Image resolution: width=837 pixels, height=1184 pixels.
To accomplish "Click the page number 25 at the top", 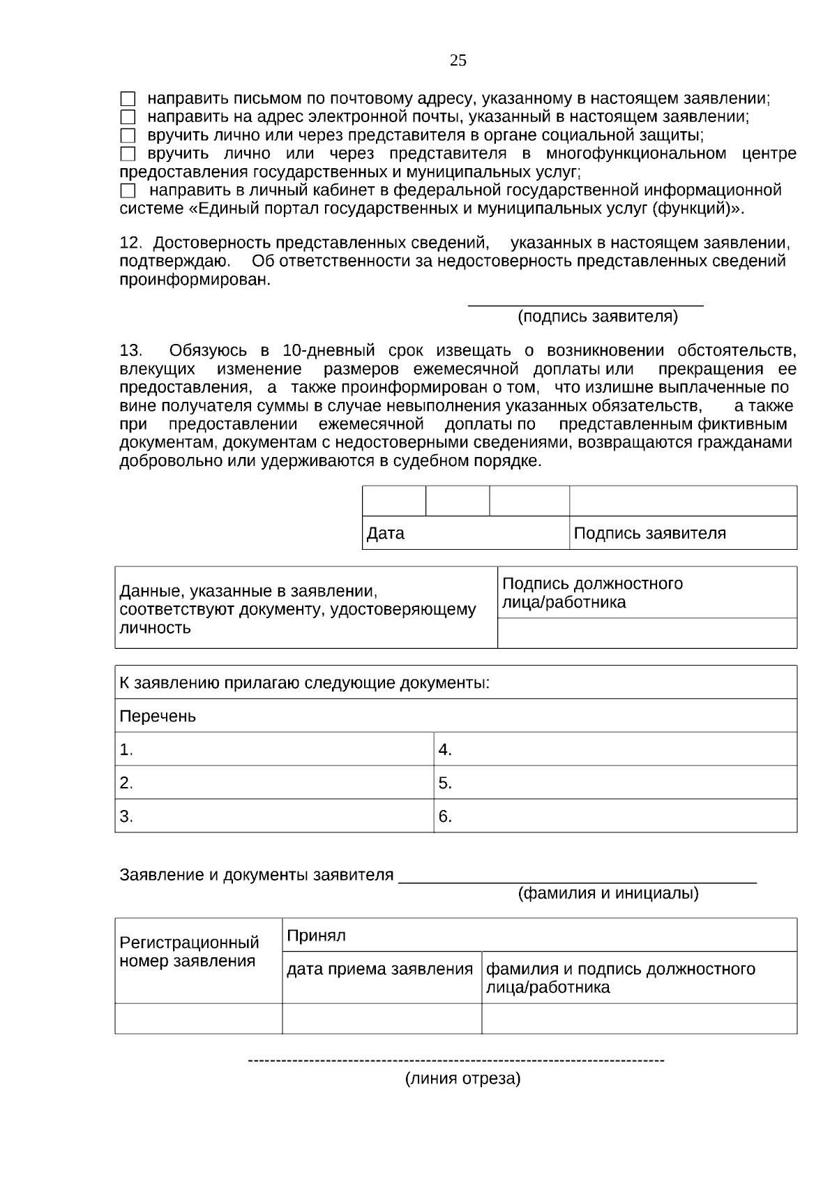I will click(458, 61).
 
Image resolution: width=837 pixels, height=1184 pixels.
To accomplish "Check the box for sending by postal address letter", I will click(128, 100).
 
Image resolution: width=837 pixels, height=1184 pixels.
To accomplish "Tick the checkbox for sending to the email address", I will click(128, 118).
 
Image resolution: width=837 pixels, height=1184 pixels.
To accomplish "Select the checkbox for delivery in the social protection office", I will click(128, 136).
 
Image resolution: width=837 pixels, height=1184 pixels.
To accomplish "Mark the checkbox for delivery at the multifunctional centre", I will click(128, 154).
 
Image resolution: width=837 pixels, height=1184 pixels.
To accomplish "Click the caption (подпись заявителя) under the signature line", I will click(597, 317).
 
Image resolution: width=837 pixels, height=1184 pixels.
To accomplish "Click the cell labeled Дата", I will click(465, 534).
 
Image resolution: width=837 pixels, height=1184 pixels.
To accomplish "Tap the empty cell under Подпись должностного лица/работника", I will click(647, 634).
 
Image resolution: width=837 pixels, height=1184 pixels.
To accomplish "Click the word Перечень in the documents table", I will click(158, 717).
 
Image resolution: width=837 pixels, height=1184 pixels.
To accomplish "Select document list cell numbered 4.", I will click(614, 750).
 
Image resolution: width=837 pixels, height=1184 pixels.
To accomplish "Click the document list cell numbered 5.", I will click(614, 783).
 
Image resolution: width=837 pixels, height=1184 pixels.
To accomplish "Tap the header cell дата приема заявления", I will click(380, 970).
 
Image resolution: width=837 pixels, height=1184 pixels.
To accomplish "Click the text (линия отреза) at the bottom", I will click(463, 1079).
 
